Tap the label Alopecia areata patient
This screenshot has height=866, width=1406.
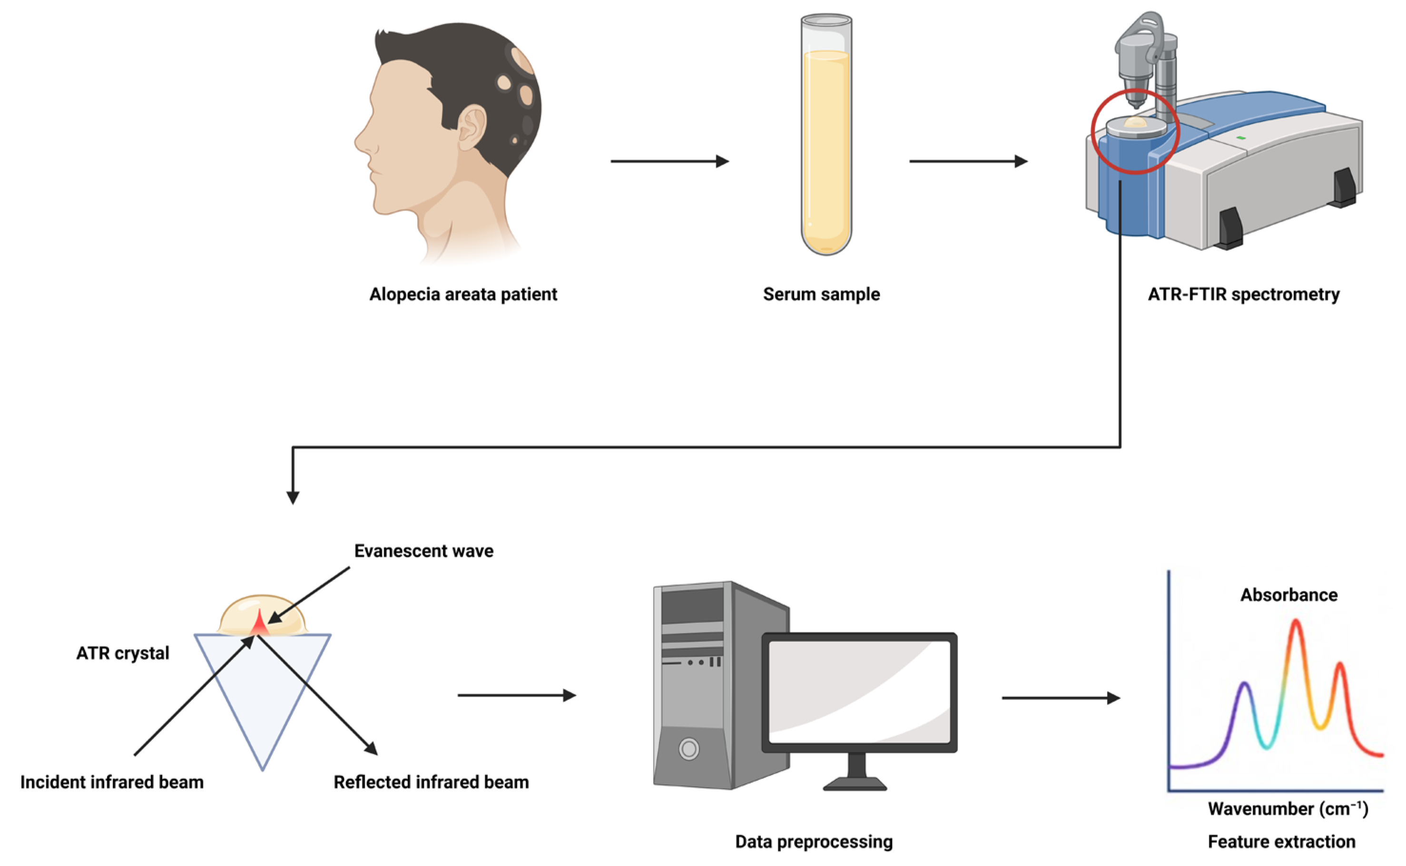click(463, 295)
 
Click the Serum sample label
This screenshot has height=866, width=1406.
click(821, 295)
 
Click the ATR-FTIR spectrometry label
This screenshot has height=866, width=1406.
click(1243, 295)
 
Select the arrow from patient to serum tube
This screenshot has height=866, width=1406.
click(669, 161)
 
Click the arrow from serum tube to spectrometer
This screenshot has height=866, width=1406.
click(968, 161)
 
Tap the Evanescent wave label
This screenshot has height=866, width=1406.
click(423, 551)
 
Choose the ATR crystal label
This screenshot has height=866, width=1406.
click(123, 653)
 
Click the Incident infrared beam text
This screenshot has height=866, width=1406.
click(112, 782)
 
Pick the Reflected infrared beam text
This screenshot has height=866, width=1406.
click(431, 782)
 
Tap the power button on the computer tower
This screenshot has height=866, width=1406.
click(688, 748)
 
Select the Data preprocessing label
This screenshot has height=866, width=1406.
click(813, 841)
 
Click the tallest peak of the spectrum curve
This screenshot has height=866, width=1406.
click(1296, 622)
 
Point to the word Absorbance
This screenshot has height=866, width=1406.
click(1288, 595)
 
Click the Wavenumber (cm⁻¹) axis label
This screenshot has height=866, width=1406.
click(1288, 809)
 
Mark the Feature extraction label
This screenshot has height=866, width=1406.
click(1281, 841)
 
